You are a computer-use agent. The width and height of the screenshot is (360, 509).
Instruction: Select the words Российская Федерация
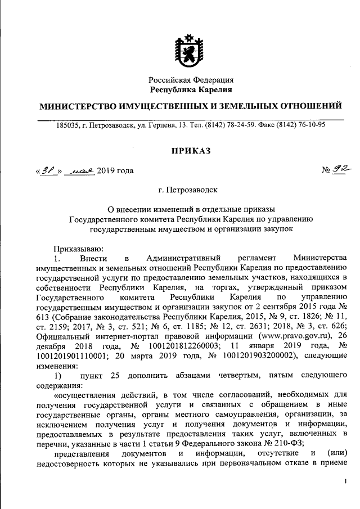[191, 80]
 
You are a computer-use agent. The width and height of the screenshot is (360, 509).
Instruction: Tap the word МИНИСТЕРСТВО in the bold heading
[81, 106]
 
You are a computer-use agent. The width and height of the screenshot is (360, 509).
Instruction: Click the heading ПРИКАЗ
[191, 151]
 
